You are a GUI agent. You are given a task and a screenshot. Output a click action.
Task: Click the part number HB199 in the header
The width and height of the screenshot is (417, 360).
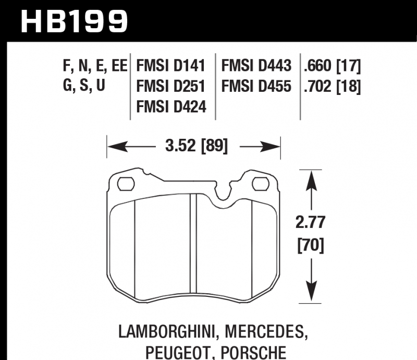74,21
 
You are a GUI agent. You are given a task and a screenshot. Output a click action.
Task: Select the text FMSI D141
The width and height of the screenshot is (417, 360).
171,66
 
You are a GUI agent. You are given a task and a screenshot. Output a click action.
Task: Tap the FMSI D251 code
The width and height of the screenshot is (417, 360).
171,86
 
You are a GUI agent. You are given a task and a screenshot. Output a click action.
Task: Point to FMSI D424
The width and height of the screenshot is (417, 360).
171,107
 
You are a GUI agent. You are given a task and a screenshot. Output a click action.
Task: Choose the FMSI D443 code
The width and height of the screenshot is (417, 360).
256,66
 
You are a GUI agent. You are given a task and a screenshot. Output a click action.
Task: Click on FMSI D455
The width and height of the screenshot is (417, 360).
256,86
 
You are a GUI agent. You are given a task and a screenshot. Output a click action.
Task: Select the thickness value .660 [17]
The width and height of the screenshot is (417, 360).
333,66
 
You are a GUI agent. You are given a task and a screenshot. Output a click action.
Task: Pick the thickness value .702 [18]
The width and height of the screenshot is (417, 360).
333,87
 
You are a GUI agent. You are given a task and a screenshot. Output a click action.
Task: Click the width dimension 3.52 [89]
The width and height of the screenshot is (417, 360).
197,146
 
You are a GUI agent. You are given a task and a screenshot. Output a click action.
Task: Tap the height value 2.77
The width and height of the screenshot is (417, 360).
310,222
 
